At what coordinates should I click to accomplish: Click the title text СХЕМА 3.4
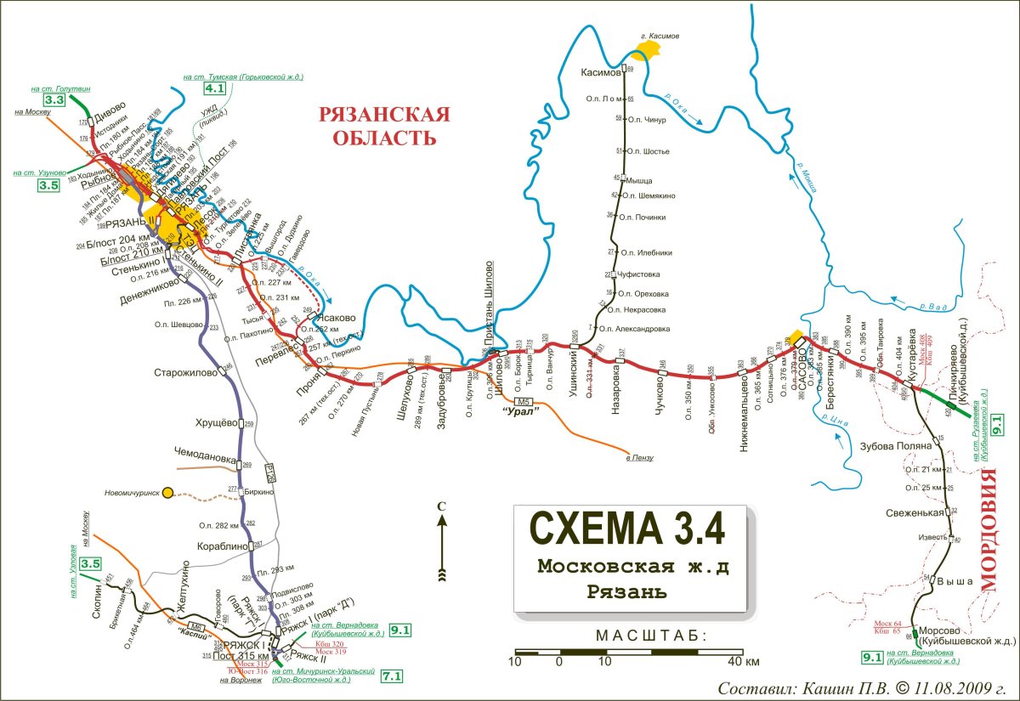point(628,527)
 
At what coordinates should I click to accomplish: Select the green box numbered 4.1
point(214,87)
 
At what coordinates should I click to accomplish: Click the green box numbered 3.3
point(54,100)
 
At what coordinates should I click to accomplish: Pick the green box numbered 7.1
point(392,676)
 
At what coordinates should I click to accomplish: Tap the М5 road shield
point(524,401)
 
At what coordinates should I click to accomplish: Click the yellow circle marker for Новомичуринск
point(168,492)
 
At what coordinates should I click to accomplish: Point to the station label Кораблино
point(223,546)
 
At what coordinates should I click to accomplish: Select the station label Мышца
point(639,180)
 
